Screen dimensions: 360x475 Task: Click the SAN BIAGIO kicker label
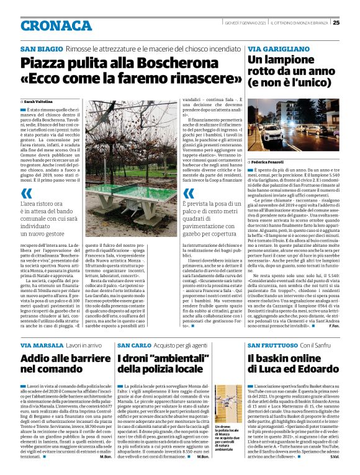click(x=40, y=48)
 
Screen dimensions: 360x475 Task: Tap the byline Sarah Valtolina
click(x=39, y=100)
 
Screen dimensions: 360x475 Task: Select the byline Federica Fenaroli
click(x=272, y=161)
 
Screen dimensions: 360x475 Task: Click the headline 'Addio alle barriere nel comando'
click(x=60, y=363)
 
